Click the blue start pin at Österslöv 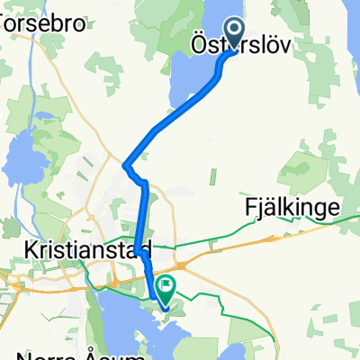point(234,33)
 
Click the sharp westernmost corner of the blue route point(125,166)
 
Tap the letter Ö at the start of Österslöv point(199,43)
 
